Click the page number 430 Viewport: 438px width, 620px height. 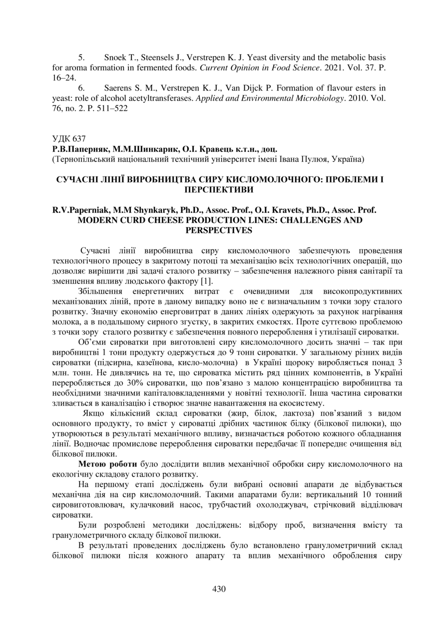click(x=219, y=589)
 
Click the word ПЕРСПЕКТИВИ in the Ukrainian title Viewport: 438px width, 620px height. click(x=219, y=189)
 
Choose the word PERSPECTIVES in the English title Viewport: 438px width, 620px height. click(x=219, y=231)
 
